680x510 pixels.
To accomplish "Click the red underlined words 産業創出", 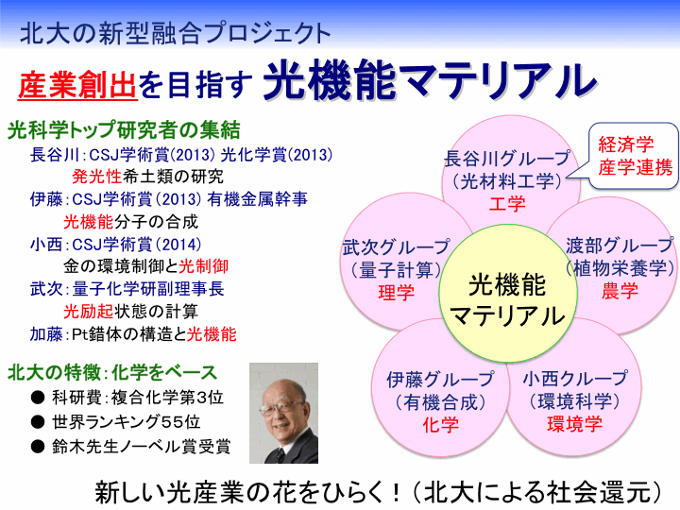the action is pyautogui.click(x=77, y=85).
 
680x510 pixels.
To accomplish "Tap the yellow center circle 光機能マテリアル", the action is pyautogui.click(x=508, y=294).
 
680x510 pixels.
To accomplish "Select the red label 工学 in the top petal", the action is pyautogui.click(x=507, y=204).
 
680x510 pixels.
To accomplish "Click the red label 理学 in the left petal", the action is pyautogui.click(x=396, y=293).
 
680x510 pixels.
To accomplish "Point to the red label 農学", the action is pyautogui.click(x=620, y=291).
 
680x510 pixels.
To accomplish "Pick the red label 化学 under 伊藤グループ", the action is pyautogui.click(x=441, y=425).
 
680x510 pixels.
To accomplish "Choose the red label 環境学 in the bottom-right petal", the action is pyautogui.click(x=574, y=424).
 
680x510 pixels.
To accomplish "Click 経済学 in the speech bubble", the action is pyautogui.click(x=626, y=144).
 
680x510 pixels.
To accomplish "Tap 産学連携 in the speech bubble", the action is pyautogui.click(x=636, y=167).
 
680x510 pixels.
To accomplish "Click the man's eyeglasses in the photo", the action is pyautogui.click(x=281, y=407).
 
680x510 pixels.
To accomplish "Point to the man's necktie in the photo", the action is pyautogui.click(x=280, y=455).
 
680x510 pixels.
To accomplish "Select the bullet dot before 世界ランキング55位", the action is pyautogui.click(x=38, y=421).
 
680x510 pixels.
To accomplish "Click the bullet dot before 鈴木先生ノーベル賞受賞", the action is pyautogui.click(x=38, y=446).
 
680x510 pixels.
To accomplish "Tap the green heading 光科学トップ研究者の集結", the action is pyautogui.click(x=124, y=129).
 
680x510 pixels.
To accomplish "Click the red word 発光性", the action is pyautogui.click(x=96, y=177).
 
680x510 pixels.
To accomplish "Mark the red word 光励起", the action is pyautogui.click(x=89, y=312).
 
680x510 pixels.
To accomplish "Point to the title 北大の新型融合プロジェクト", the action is pyautogui.click(x=176, y=33).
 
